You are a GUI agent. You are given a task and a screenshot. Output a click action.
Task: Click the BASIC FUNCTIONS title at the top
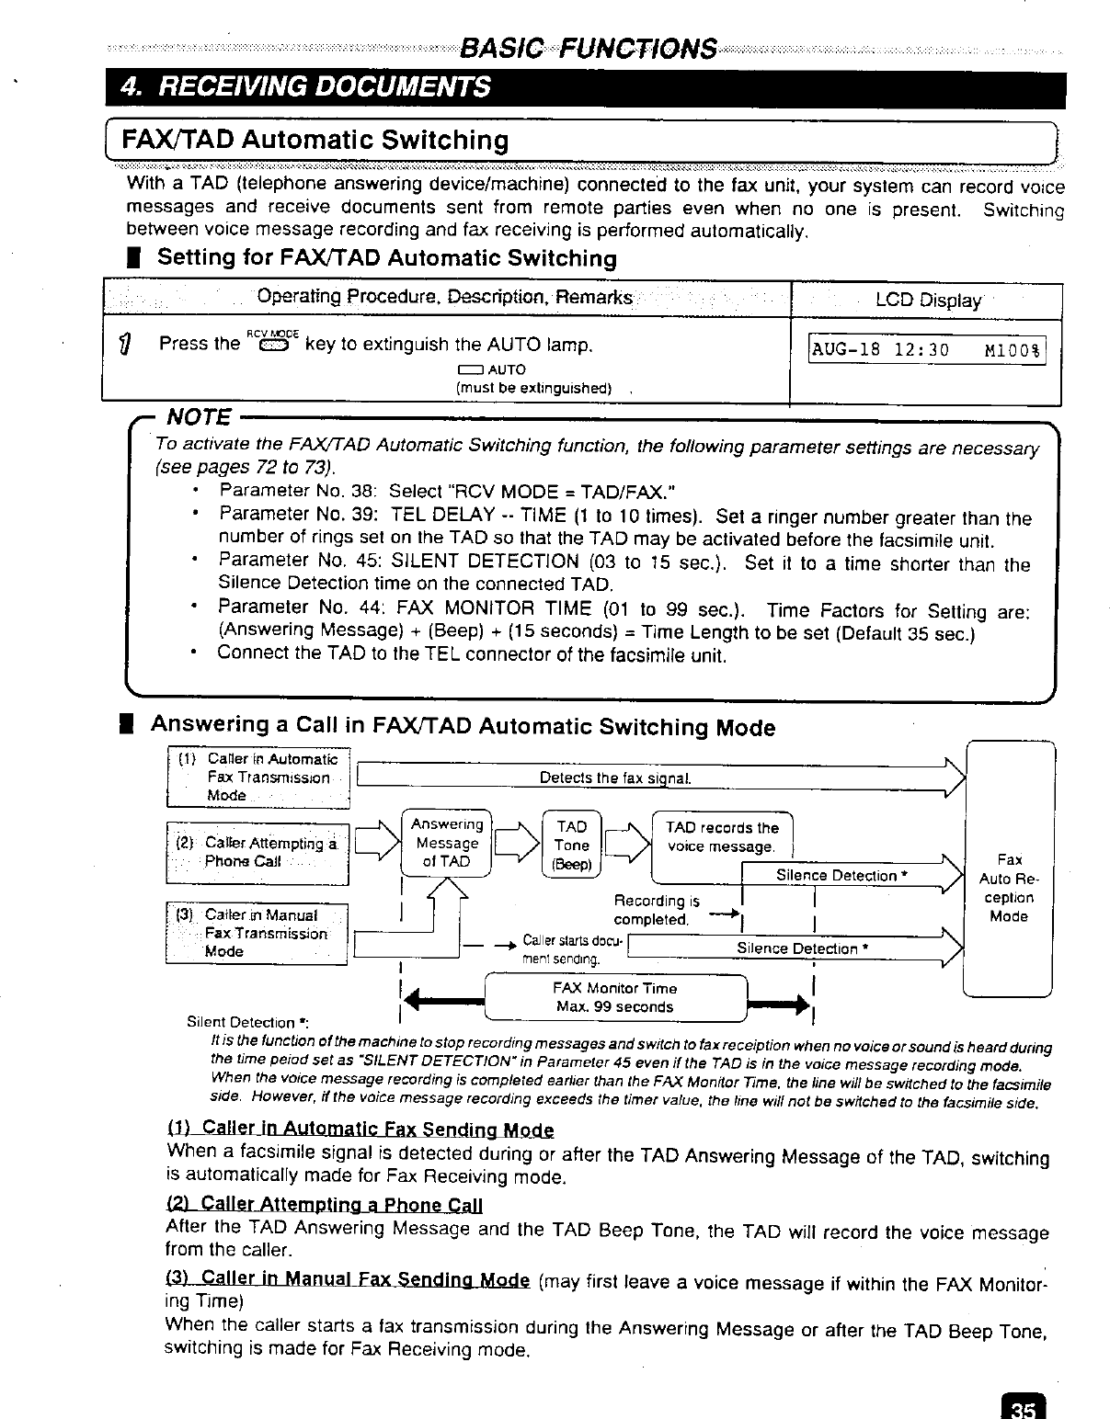click(588, 48)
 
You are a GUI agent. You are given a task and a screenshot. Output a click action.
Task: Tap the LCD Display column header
click(927, 301)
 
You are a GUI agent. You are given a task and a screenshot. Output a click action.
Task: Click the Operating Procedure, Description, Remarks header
click(445, 298)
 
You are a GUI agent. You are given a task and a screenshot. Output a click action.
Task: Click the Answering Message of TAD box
click(447, 843)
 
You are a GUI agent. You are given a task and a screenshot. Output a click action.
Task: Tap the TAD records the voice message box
click(722, 837)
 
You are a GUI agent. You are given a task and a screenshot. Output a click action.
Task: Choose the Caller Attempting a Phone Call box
click(257, 852)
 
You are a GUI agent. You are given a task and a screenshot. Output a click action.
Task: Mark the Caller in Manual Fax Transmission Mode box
click(257, 933)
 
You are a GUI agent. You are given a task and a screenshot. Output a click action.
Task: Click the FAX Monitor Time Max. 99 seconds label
click(614, 997)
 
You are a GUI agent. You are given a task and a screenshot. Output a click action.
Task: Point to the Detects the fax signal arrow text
click(614, 778)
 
